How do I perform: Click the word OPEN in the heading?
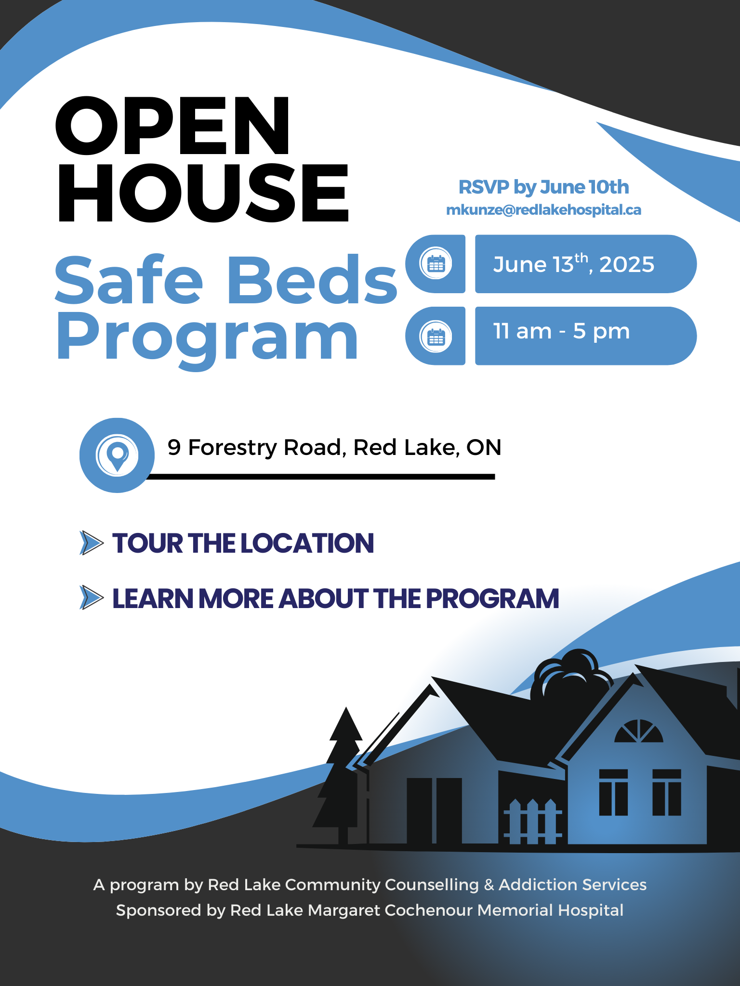tap(172, 126)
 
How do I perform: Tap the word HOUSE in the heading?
tap(202, 194)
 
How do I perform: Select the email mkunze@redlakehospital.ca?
tap(543, 210)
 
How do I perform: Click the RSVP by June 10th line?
tap(543, 187)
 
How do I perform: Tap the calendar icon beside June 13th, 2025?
tap(436, 264)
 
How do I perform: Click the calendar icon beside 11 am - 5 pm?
tap(436, 336)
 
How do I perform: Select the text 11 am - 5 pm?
tap(561, 332)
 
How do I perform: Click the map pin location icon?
tap(117, 455)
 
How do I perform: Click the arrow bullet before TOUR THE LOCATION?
tap(91, 543)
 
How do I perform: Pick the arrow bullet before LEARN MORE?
tap(91, 598)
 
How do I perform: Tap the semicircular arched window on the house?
tap(638, 732)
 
